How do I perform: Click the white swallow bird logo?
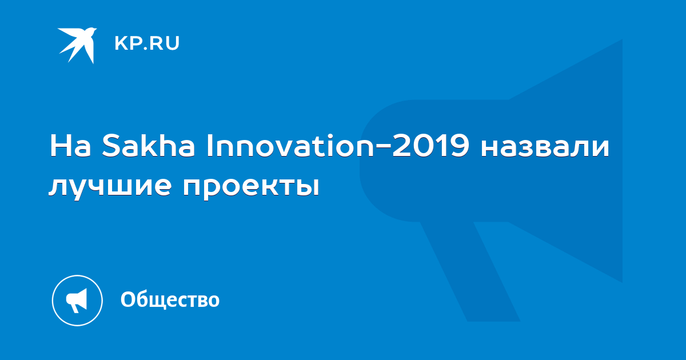coord(77,45)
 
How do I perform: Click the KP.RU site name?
coord(147,43)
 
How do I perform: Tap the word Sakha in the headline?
coord(148,146)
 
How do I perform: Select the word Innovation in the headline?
coord(290,146)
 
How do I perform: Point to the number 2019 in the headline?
coord(430,146)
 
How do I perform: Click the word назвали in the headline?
coord(545,149)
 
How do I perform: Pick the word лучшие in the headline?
coord(110,186)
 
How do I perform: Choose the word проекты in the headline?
coord(251,186)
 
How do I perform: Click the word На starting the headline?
coord(70,146)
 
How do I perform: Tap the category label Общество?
coord(170,299)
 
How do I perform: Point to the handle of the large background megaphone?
coord(470,271)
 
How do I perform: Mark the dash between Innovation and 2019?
coord(383,146)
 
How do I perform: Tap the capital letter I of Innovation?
coord(210,146)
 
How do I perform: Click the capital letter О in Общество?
coord(129,299)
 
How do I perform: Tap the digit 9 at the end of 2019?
coord(460,146)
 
